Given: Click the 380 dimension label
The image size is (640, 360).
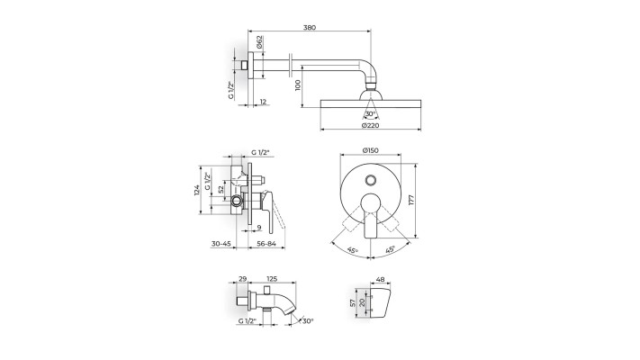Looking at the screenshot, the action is pyautogui.click(x=310, y=28).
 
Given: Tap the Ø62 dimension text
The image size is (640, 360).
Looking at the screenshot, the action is pyautogui.click(x=259, y=42).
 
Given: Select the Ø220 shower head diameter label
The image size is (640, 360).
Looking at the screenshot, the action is pyautogui.click(x=370, y=125).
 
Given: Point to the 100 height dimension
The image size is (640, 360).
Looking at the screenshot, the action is pyautogui.click(x=298, y=85).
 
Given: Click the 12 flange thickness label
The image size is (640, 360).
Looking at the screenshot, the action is pyautogui.click(x=263, y=102).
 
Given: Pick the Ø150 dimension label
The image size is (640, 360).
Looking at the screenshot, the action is pyautogui.click(x=370, y=150).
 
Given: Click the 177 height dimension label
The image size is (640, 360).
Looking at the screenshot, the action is pyautogui.click(x=411, y=200).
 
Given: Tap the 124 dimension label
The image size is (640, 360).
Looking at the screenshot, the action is pyautogui.click(x=196, y=190).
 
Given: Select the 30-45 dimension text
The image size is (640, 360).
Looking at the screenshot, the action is pyautogui.click(x=221, y=244).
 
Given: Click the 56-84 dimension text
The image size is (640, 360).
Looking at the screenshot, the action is pyautogui.click(x=266, y=244).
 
